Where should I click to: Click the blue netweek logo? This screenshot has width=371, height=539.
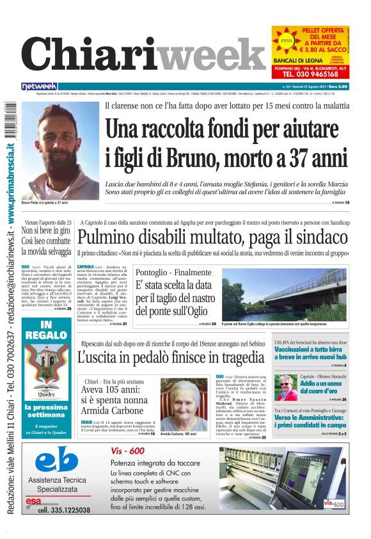point(39,86)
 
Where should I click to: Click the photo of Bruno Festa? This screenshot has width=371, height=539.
point(59,151)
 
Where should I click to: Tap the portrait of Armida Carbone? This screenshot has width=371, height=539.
point(184,405)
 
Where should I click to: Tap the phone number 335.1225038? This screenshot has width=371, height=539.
point(64,510)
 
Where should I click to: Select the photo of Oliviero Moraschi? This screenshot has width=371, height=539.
point(287,388)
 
